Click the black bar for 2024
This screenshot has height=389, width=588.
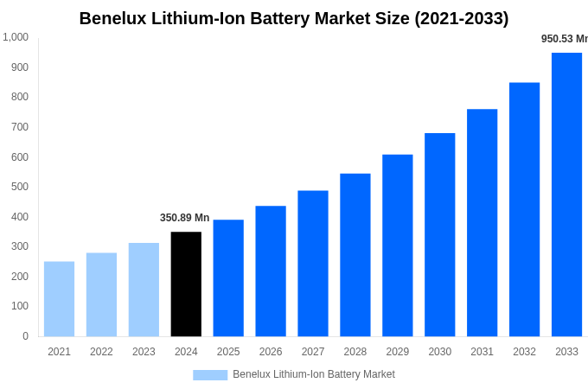tap(186, 284)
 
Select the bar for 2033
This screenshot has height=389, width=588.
tap(566, 194)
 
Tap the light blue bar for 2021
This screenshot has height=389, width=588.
tap(59, 298)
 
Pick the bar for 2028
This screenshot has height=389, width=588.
tap(355, 255)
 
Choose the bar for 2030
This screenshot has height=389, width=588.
tap(439, 234)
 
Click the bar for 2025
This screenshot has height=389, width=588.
tap(228, 277)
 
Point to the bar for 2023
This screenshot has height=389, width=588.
tap(144, 290)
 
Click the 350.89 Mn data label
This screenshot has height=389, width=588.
tap(184, 218)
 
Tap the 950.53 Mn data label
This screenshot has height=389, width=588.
tap(564, 39)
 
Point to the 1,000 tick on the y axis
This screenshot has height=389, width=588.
tap(16, 37)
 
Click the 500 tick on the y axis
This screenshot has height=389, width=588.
tap(20, 187)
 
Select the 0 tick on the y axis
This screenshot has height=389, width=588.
tap(25, 336)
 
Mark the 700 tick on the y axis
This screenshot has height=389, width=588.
tap(20, 127)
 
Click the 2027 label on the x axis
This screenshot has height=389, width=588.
tap(313, 352)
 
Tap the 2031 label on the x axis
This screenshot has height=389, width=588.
tap(482, 352)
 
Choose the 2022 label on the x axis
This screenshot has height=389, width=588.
tap(101, 352)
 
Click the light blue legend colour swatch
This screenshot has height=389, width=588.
tap(210, 375)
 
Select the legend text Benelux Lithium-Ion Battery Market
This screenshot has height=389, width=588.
tap(313, 374)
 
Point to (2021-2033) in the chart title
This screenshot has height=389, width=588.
tap(461, 18)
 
